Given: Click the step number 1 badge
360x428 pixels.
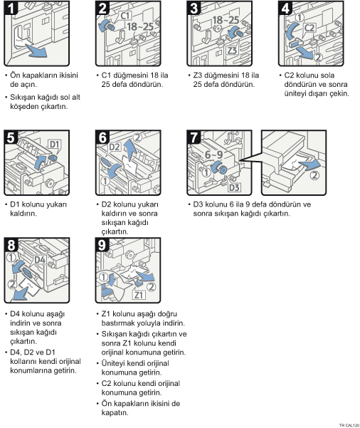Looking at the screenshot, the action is pyautogui.click(x=11, y=8).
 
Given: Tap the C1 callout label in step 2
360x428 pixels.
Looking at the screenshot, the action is pyautogui.click(x=125, y=16).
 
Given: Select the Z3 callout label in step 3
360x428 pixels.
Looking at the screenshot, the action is pyautogui.click(x=232, y=50).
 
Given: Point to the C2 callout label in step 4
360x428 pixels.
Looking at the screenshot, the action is pyautogui.click(x=309, y=28).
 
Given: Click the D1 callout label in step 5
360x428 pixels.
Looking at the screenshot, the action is pyautogui.click(x=54, y=144).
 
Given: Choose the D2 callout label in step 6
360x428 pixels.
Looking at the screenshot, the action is pyautogui.click(x=115, y=147).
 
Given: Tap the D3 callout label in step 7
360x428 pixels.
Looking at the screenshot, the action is pyautogui.click(x=234, y=187).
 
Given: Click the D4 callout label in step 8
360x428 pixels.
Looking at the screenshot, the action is pyautogui.click(x=40, y=259).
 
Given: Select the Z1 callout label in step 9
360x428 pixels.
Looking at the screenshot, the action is pyautogui.click(x=139, y=295).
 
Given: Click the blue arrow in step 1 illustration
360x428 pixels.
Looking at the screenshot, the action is pyautogui.click(x=36, y=51).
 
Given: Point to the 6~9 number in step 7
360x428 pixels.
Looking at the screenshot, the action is pyautogui.click(x=214, y=155).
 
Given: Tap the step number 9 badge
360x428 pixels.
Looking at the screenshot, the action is pyautogui.click(x=102, y=244).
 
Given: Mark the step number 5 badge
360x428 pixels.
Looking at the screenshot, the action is pyautogui.click(x=11, y=137).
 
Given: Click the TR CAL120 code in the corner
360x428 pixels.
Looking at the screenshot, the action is pyautogui.click(x=349, y=425).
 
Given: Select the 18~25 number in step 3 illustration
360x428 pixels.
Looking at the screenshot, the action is pyautogui.click(x=226, y=20).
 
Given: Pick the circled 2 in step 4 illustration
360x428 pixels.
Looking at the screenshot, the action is pyautogui.click(x=318, y=57).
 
